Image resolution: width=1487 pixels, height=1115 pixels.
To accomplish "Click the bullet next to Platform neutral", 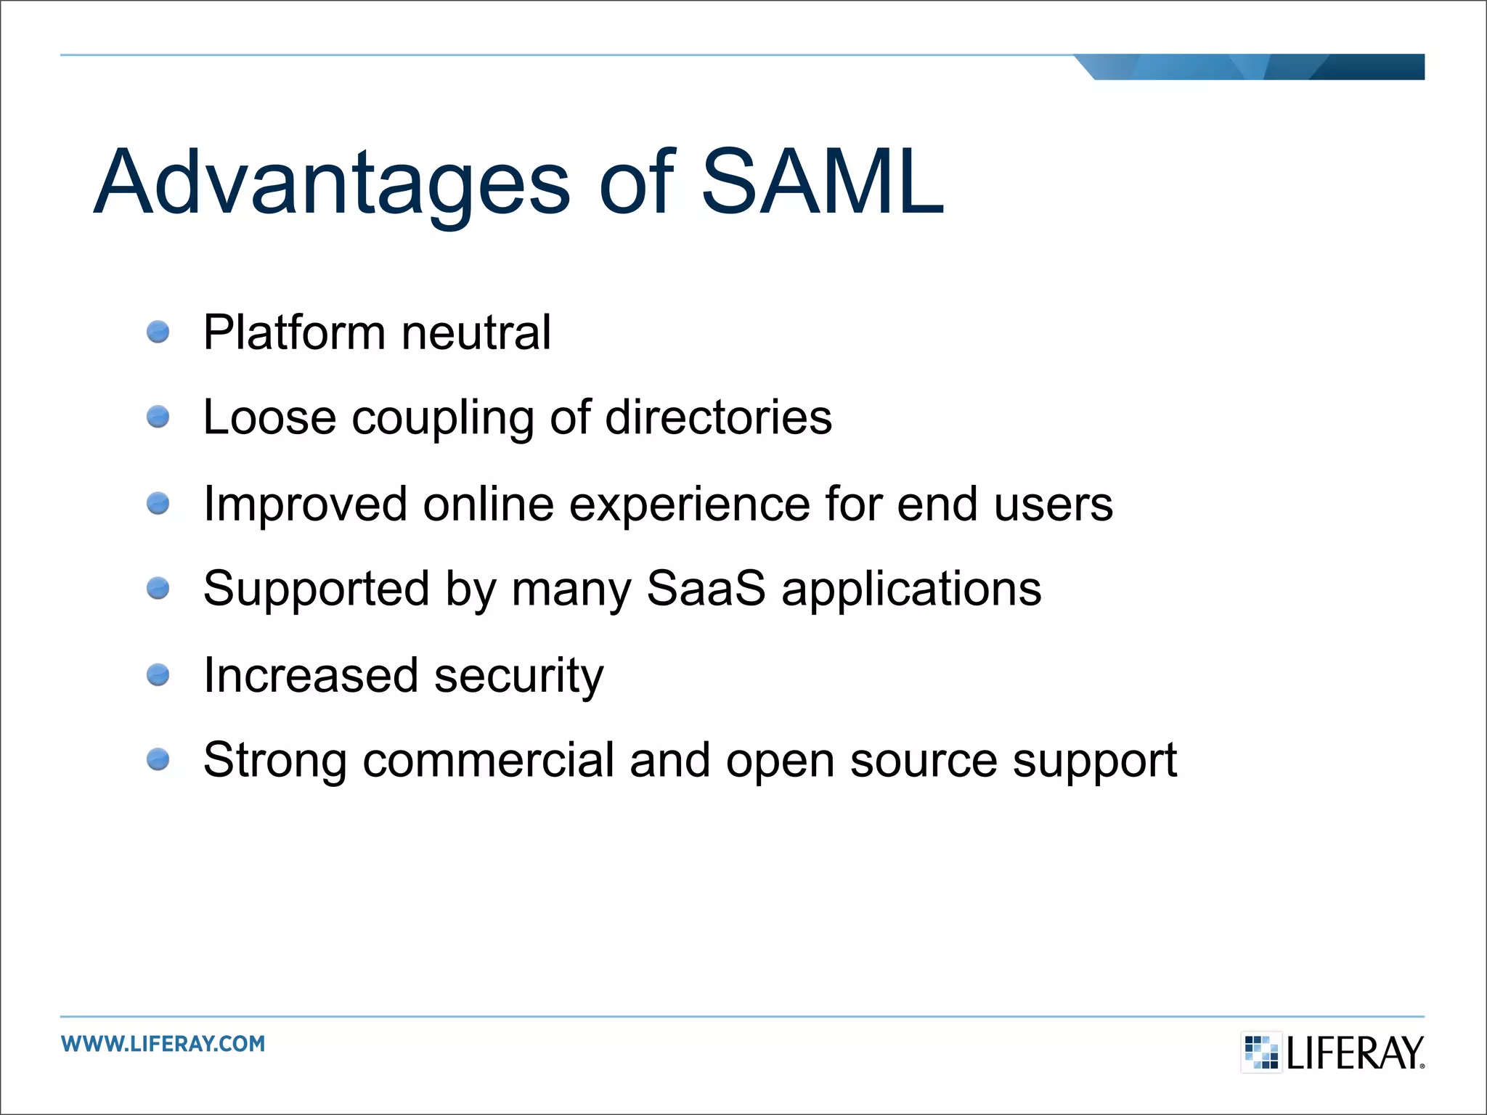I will [x=158, y=332].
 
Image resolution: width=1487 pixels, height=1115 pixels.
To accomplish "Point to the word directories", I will [x=718, y=417].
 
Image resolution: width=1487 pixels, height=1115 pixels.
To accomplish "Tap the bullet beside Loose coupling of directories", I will [x=158, y=417].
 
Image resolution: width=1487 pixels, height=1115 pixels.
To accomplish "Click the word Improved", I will [x=305, y=505].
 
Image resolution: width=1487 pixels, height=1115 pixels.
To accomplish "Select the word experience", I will [x=689, y=505].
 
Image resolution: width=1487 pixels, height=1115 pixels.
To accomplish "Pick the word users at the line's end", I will [x=1053, y=505].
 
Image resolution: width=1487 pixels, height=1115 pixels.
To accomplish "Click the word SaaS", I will [x=705, y=588].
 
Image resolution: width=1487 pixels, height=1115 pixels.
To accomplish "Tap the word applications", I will [x=911, y=589].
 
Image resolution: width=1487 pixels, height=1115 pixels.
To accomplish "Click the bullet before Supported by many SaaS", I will [x=158, y=587].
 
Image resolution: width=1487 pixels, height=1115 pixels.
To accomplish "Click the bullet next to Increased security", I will [x=158, y=675].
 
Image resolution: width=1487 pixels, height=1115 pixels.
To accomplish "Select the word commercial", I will [x=488, y=760].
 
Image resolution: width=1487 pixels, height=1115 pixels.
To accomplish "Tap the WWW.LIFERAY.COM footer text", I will [x=163, y=1044].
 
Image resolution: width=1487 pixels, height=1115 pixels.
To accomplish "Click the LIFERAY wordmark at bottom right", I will [x=1354, y=1053].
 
